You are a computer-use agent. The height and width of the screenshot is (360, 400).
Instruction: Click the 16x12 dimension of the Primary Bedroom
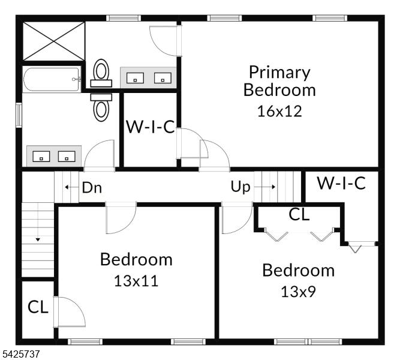(279, 111)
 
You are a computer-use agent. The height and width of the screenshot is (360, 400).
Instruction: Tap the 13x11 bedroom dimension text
(136, 281)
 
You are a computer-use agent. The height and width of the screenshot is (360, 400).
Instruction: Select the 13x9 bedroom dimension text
(298, 292)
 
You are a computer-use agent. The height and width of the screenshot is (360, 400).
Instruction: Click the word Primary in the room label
(279, 73)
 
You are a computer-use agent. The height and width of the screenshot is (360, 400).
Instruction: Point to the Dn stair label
(92, 188)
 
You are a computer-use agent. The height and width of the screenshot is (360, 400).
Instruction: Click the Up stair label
(240, 187)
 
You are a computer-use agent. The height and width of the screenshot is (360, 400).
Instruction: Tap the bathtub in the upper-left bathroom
(52, 79)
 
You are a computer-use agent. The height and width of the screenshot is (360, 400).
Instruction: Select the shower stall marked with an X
(53, 41)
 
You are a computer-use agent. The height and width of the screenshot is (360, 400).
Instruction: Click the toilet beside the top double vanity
(101, 73)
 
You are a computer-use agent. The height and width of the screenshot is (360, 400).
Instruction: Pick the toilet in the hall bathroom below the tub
(101, 107)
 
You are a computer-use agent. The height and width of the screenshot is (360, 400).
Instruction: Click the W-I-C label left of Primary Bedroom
(151, 127)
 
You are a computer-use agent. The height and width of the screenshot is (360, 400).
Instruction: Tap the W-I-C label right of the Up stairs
(341, 183)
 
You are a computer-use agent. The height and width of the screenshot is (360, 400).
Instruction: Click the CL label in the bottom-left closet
(38, 307)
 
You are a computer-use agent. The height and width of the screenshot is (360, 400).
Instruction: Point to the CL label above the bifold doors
(299, 215)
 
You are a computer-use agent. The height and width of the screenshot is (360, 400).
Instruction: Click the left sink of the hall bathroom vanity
(41, 156)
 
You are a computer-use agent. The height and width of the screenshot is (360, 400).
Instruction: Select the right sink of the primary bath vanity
(163, 78)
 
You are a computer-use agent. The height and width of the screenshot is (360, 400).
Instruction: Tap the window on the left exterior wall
(19, 115)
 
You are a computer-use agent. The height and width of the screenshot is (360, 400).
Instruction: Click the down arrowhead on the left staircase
(38, 239)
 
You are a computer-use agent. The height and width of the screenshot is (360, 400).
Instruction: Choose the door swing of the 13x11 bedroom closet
(70, 312)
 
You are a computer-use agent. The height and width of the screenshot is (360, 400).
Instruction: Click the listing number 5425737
(21, 354)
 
